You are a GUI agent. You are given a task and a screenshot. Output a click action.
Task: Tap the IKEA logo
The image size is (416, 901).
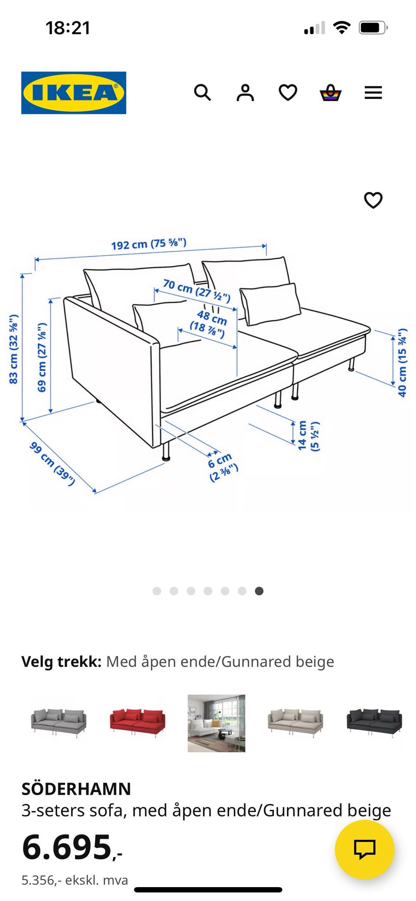pos(74,93)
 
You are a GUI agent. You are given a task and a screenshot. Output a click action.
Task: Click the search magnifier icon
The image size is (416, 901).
pos(202,92)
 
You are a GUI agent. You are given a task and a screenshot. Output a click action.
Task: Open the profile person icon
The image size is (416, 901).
pos(245,92)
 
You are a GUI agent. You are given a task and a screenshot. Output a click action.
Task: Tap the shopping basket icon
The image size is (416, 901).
pos(330,92)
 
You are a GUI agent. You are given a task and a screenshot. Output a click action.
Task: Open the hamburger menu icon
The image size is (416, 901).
pos(373,92)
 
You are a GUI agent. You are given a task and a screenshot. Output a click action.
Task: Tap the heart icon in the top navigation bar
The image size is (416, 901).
pos(288,92)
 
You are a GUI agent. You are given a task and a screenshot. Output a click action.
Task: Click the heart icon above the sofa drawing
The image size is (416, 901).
pos(373,200)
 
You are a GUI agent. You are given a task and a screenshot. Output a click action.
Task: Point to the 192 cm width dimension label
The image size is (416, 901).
pos(149,244)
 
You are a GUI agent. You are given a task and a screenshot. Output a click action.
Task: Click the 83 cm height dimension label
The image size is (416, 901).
pos(14,349)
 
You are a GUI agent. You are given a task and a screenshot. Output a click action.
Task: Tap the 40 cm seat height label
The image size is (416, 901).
pos(403,362)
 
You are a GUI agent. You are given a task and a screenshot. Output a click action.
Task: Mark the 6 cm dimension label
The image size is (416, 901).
pos(222,467)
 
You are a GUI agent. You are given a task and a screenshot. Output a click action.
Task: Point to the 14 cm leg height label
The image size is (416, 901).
pos(308,435)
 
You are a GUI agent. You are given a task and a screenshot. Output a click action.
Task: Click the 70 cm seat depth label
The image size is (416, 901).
pos(197,291)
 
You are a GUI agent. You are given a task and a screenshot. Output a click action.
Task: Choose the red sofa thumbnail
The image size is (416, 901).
pos(138,723)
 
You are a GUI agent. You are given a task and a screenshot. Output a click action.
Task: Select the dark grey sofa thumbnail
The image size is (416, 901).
pos(374,723)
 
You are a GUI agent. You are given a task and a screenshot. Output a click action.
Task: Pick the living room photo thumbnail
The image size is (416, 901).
pos(216,723)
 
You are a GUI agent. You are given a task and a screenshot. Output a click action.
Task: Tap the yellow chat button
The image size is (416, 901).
pos(364,849)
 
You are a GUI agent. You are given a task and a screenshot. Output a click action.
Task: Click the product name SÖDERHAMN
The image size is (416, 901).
pos(76,789)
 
